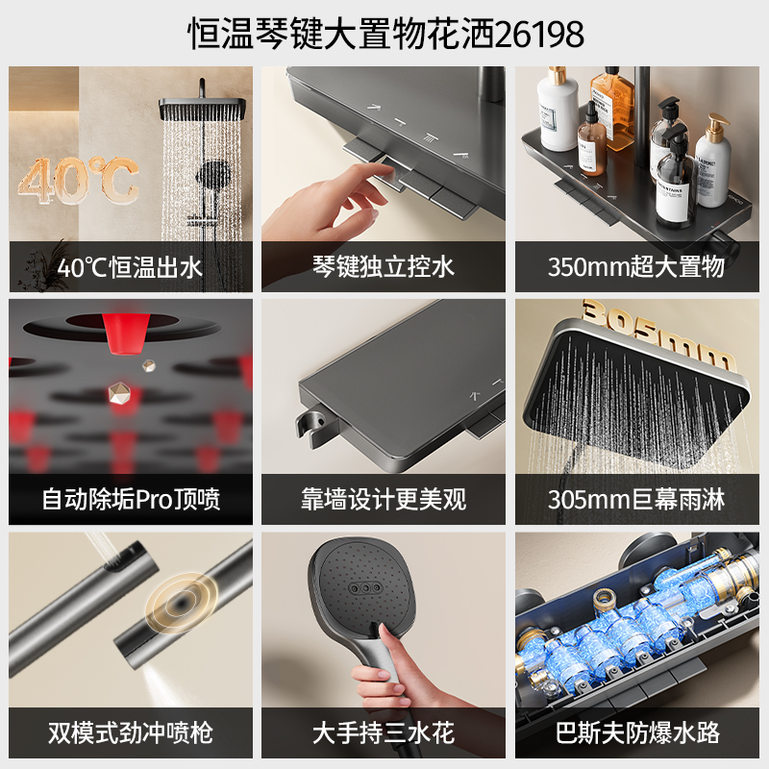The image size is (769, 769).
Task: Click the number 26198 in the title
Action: pyautogui.click(x=539, y=35)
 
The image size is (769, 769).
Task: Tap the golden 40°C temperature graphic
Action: pyautogui.click(x=79, y=181)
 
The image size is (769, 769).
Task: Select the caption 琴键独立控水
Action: pyautogui.click(x=384, y=267)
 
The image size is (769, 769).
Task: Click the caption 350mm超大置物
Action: pyautogui.click(x=636, y=267)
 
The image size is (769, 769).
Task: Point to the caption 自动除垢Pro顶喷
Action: pyautogui.click(x=131, y=500)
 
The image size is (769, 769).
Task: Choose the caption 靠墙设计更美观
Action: pyautogui.click(x=384, y=500)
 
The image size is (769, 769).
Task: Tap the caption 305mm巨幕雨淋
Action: pyautogui.click(x=636, y=500)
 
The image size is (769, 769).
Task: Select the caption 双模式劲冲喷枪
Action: pyautogui.click(x=131, y=732)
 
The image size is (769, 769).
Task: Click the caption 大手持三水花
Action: pyautogui.click(x=384, y=732)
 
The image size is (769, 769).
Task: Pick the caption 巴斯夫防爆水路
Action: pyautogui.click(x=637, y=732)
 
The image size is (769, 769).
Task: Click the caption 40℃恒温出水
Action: pyautogui.click(x=130, y=268)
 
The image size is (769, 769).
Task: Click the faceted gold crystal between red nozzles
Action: pyautogui.click(x=119, y=393)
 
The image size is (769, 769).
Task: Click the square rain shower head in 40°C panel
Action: pyautogui.click(x=202, y=108)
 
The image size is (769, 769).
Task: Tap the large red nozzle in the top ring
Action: pyautogui.click(x=126, y=334)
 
